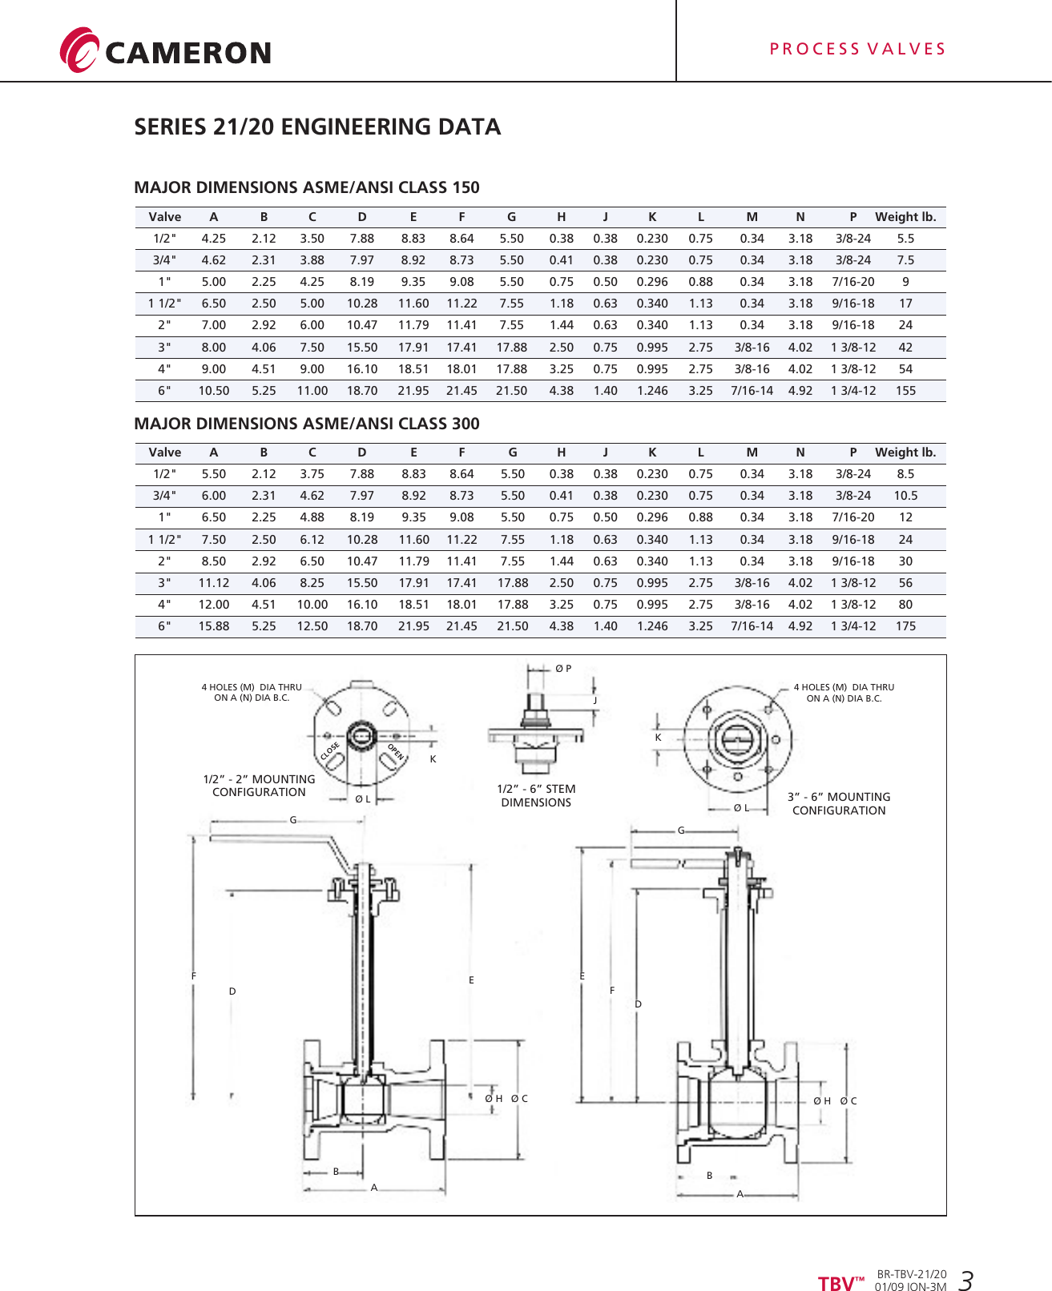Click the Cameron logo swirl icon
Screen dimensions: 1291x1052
coord(79,50)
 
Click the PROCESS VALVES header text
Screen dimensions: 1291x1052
coord(857,50)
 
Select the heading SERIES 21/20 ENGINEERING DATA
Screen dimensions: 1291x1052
coord(317,127)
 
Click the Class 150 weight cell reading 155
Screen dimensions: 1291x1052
coord(905,391)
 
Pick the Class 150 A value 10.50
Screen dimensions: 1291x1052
coord(214,391)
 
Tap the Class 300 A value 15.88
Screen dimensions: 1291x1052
coord(214,626)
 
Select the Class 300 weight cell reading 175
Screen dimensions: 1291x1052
coord(905,626)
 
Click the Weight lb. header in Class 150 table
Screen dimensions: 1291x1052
coord(905,217)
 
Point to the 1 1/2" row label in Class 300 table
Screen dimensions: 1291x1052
coord(164,540)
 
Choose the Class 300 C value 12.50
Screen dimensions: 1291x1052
coord(312,626)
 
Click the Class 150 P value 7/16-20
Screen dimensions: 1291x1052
coord(853,282)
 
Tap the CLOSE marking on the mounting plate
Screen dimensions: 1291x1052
coord(330,751)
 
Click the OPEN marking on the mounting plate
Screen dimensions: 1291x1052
coord(396,752)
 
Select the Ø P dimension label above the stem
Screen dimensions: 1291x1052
coord(563,669)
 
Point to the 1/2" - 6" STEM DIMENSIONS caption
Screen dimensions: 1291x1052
coord(536,795)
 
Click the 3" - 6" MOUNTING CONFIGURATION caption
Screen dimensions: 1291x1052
coord(839,803)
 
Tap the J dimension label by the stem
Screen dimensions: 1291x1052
coord(595,700)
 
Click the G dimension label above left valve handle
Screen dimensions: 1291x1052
coord(293,820)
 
